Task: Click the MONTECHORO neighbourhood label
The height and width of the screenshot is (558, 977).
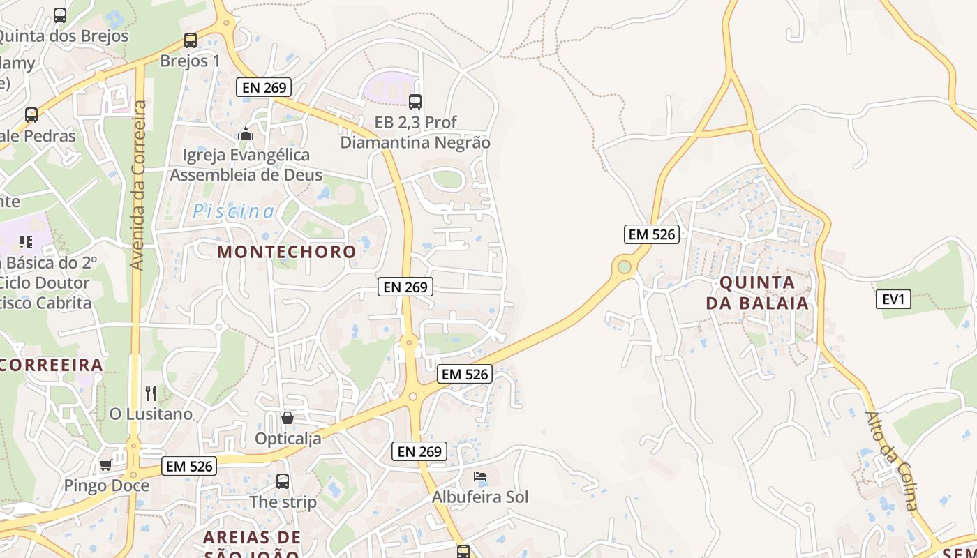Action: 286,251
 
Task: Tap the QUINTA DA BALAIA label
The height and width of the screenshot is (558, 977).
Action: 757,293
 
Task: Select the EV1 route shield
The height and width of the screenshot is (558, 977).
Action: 893,299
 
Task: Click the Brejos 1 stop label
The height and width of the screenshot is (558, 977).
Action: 190,61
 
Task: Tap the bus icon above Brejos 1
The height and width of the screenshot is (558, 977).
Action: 191,40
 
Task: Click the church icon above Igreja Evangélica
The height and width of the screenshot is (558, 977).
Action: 246,134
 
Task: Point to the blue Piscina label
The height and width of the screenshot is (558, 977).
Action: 234,211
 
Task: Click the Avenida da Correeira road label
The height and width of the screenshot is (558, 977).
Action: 138,185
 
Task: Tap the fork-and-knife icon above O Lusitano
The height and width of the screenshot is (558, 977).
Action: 150,393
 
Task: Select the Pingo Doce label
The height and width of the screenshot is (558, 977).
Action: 106,485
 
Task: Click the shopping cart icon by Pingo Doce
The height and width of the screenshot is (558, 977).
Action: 105,465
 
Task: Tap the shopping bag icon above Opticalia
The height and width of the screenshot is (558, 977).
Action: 287,418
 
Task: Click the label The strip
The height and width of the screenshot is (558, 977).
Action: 283,502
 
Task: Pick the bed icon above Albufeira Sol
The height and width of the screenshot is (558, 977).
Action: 480,477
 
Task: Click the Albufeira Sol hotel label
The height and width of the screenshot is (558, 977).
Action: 480,497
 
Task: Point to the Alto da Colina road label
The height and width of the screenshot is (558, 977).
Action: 892,460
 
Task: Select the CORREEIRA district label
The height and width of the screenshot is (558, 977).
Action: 52,365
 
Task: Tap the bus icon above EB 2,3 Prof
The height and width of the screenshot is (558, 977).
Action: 415,102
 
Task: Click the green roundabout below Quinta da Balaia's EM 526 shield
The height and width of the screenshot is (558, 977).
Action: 624,266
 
